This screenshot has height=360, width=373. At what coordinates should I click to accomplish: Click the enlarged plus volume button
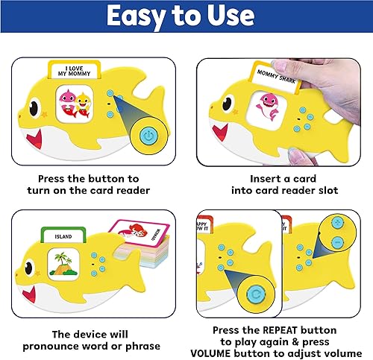(337, 223)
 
